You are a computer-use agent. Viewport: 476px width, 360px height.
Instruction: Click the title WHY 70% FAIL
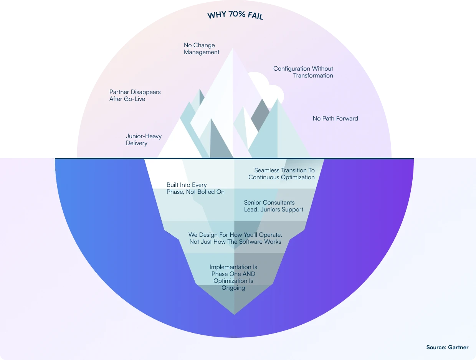click(235, 16)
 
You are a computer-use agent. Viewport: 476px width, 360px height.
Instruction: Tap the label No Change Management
click(202, 49)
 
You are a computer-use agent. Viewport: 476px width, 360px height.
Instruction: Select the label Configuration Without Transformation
click(303, 72)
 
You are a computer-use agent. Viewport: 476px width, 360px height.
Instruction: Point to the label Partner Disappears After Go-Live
click(135, 96)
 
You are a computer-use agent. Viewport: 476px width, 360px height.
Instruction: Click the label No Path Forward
click(335, 119)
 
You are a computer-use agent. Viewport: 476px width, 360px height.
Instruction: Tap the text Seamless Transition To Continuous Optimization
click(281, 174)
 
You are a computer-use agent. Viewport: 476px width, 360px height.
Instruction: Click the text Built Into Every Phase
click(195, 188)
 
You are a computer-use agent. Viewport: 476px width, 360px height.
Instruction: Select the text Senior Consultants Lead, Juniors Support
click(274, 206)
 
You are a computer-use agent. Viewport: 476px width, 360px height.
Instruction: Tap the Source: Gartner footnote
click(447, 347)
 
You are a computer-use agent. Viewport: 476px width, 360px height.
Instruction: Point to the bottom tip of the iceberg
click(234, 314)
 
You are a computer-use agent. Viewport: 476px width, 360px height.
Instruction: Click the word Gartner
click(458, 347)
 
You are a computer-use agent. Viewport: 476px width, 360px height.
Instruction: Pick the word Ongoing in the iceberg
click(233, 288)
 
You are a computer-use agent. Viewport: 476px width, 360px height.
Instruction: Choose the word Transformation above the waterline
click(313, 76)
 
